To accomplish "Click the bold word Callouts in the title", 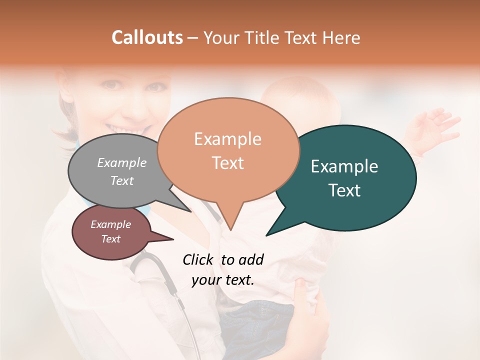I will (x=147, y=37).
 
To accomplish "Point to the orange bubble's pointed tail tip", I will (x=230, y=230).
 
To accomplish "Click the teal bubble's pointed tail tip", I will (x=266, y=235).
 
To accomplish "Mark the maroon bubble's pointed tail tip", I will (x=173, y=239).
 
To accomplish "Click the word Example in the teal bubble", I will (x=344, y=166).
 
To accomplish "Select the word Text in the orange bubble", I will (x=228, y=163).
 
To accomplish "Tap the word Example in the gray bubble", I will (x=122, y=162).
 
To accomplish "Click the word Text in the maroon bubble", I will (x=111, y=239).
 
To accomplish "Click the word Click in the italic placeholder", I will (x=198, y=259).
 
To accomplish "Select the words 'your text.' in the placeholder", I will (x=223, y=280).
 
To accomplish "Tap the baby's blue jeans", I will (x=260, y=325).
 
